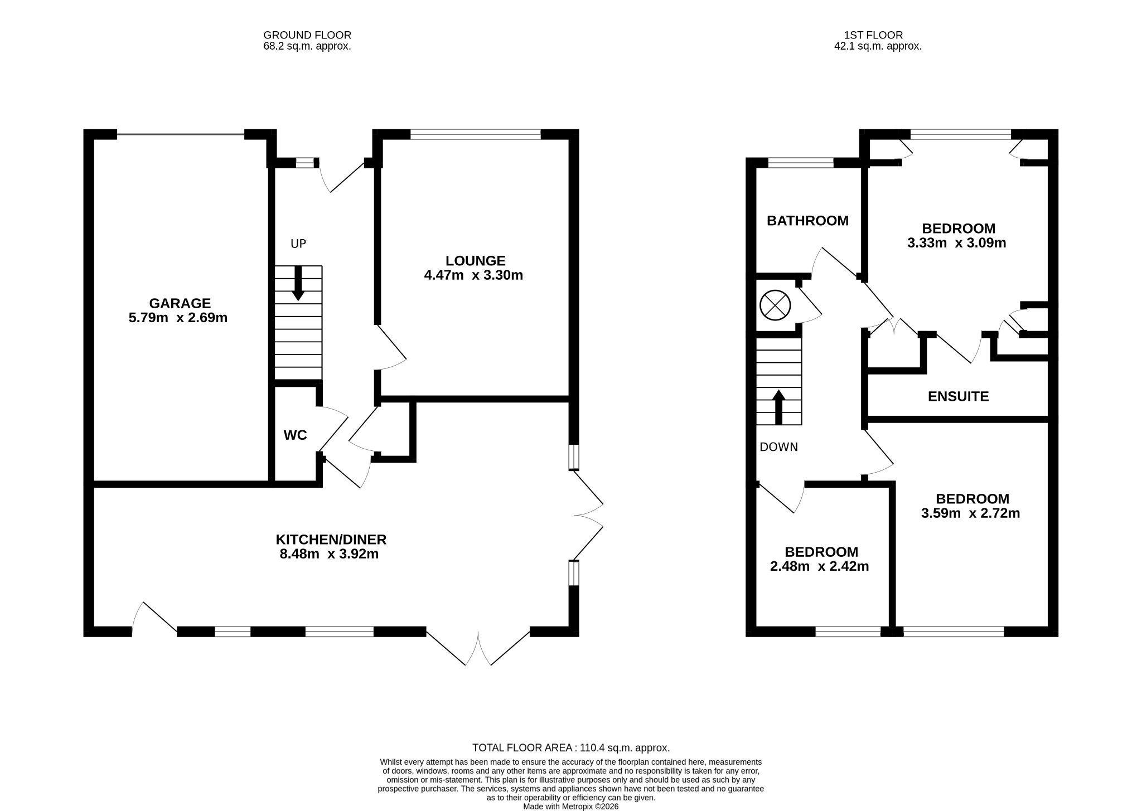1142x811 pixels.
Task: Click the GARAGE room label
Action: pos(180,303)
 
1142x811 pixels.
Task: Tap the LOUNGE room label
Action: pos(475,260)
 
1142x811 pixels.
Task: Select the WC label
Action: pos(295,435)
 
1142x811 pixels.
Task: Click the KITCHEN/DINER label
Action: pos(331,540)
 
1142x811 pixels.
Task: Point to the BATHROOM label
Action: pos(807,221)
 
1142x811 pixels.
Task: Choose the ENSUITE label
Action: pos(958,396)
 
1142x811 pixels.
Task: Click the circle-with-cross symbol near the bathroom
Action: pos(775,306)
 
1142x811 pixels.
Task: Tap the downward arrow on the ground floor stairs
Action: pos(298,283)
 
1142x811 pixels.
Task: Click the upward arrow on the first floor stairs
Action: pos(778,407)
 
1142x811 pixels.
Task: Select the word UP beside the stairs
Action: pos(298,244)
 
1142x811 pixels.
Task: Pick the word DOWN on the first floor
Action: pos(778,447)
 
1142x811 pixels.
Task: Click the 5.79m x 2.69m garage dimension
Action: pos(178,318)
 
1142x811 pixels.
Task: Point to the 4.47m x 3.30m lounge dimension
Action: pos(473,275)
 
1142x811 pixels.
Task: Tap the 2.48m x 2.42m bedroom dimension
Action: pos(819,566)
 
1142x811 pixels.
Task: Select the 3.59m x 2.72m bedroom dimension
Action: pos(970,513)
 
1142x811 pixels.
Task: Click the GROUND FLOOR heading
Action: pos(307,36)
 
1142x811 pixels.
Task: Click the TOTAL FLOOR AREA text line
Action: pos(571,748)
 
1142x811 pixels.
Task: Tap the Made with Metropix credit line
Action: pos(570,807)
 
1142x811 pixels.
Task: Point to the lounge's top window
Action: pos(475,134)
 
